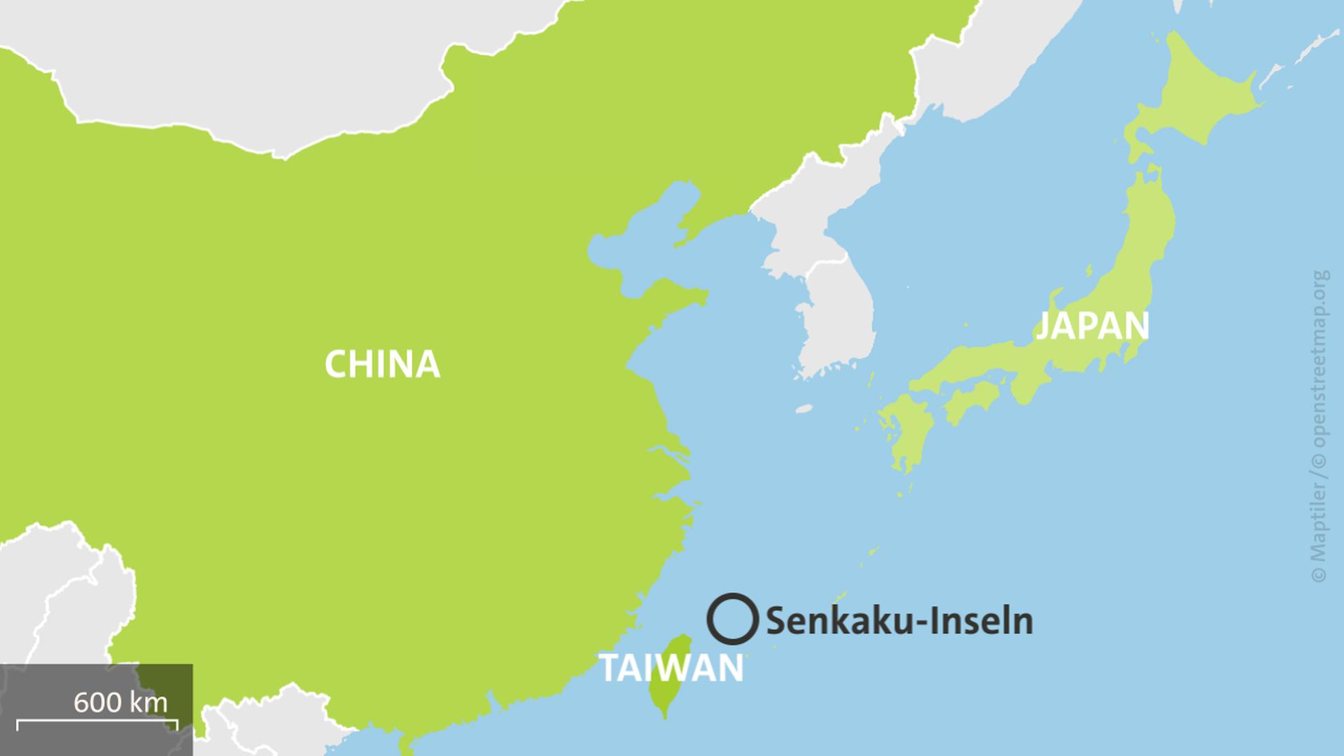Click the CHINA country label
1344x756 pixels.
[382, 364]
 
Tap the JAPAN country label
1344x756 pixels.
[1092, 325]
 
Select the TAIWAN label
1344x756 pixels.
[671, 668]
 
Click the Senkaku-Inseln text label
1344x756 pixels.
[899, 622]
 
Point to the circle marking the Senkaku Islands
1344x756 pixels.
[732, 619]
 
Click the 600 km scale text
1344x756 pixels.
[120, 702]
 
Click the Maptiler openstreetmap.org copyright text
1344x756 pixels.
[1319, 427]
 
